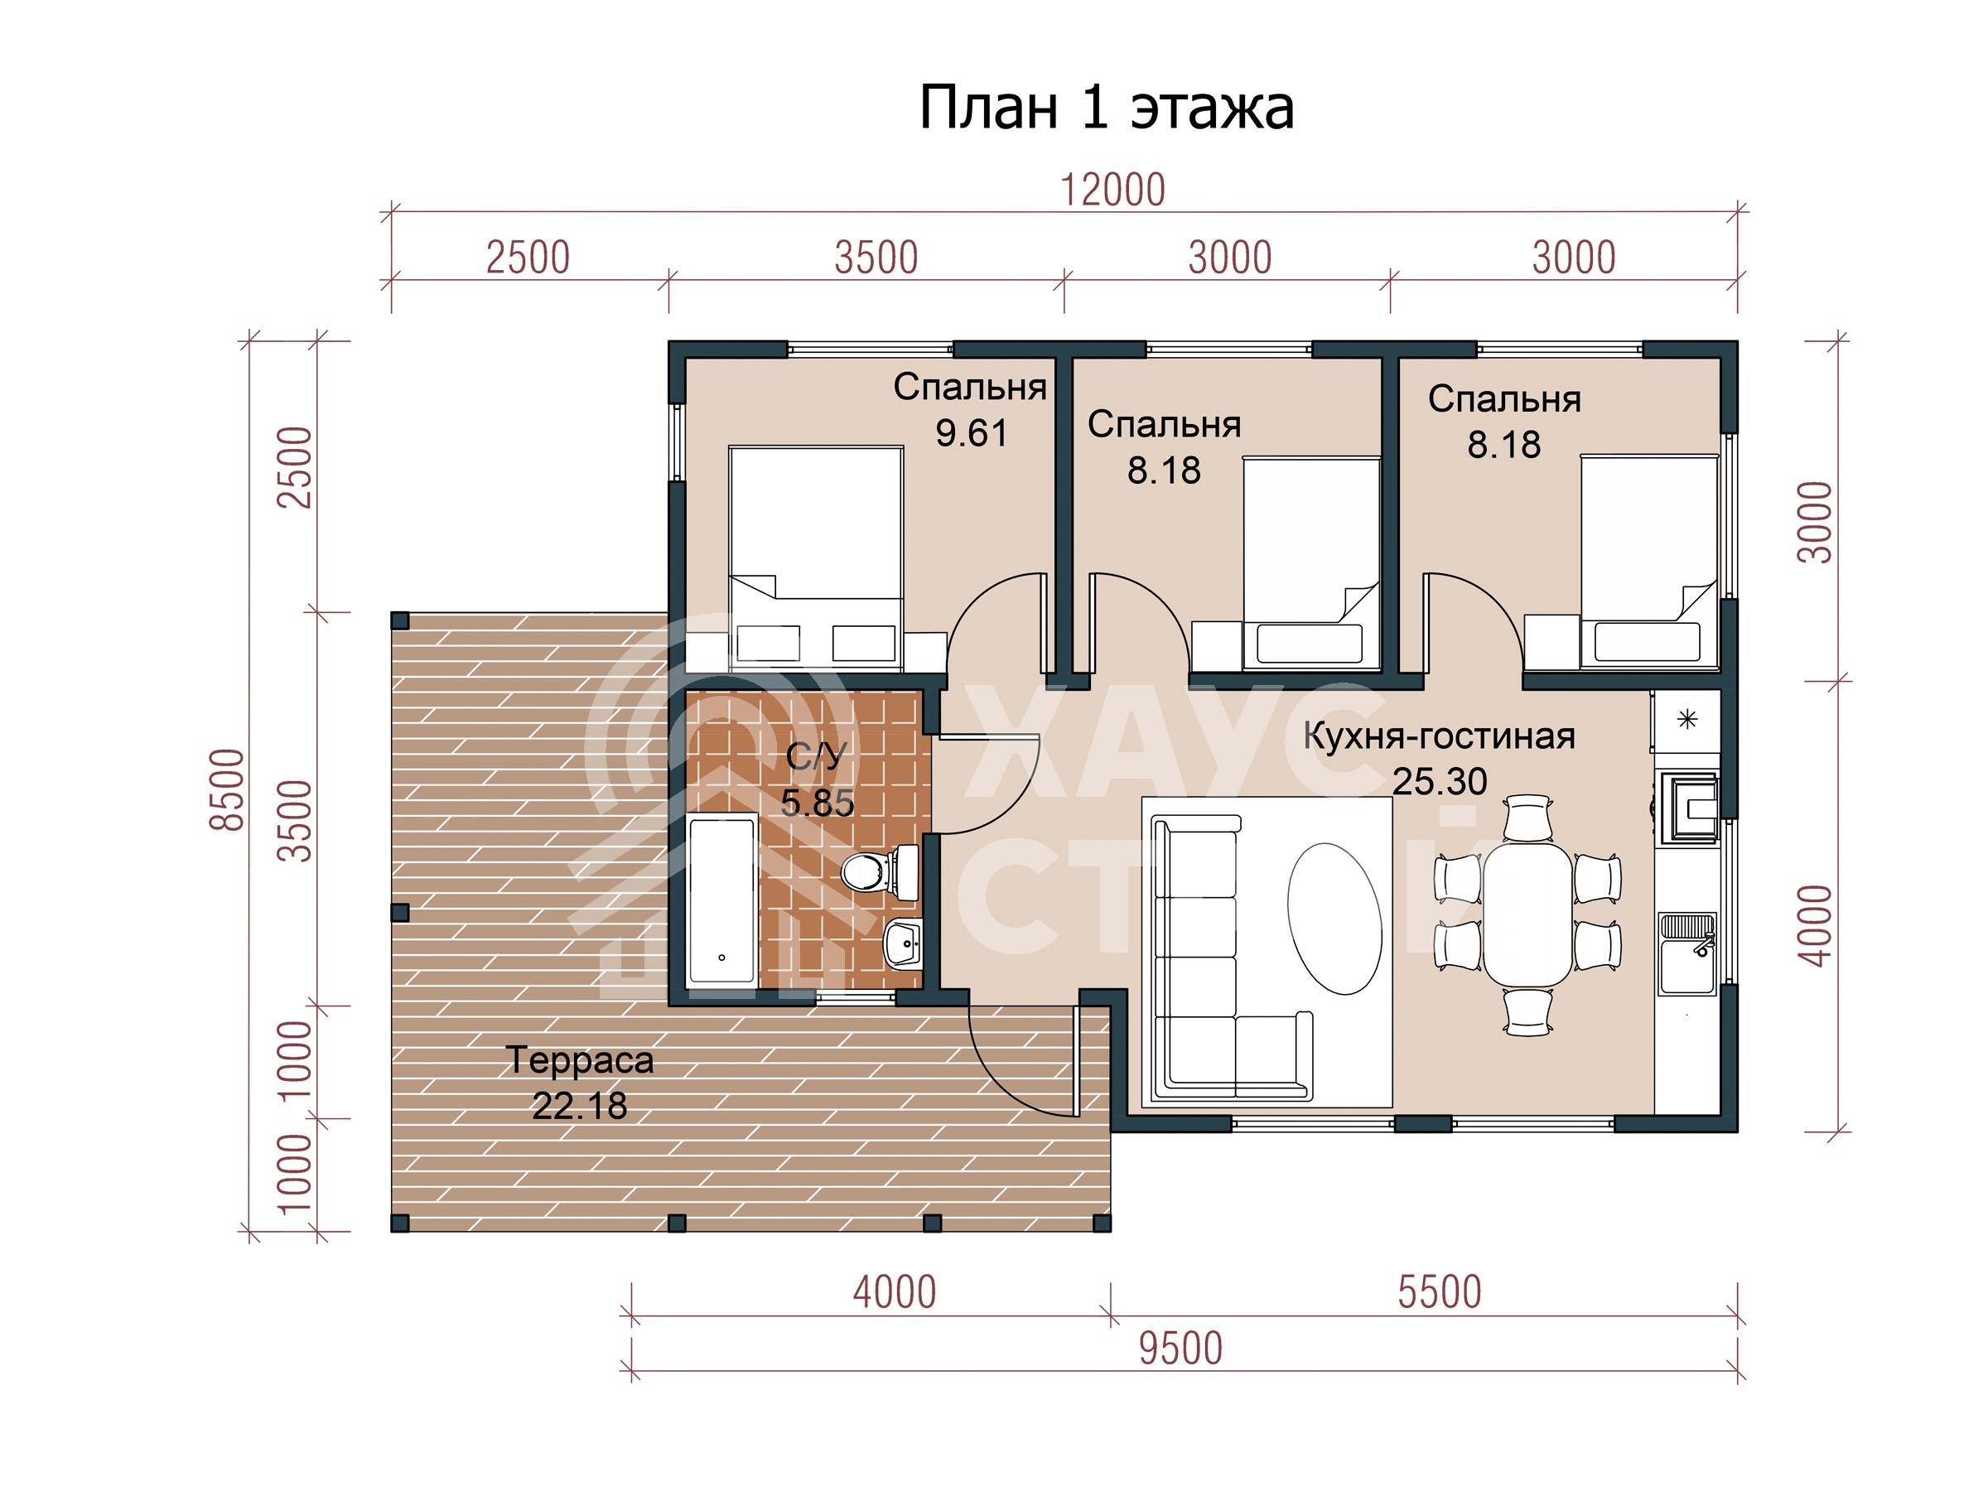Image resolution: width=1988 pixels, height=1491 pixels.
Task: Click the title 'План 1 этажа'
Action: pyautogui.click(x=1107, y=108)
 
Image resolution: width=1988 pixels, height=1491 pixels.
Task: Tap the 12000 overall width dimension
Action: pyautogui.click(x=1112, y=190)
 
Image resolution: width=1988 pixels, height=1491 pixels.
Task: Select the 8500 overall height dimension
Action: pyautogui.click(x=228, y=789)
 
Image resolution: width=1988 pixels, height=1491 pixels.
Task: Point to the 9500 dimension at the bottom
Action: pyautogui.click(x=1181, y=1348)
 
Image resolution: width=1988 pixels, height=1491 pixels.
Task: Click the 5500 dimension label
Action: pyautogui.click(x=1439, y=1292)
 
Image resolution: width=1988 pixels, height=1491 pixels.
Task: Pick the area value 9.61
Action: pyautogui.click(x=972, y=433)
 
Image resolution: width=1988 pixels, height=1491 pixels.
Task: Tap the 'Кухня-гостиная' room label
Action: pyautogui.click(x=1439, y=736)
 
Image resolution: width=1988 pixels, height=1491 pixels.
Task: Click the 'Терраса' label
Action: pyautogui.click(x=580, y=1060)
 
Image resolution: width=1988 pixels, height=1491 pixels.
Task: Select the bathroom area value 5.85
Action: pyautogui.click(x=817, y=803)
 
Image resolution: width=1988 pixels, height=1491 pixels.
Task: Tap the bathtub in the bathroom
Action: pyautogui.click(x=721, y=900)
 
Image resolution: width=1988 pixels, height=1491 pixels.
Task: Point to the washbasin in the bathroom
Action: pyautogui.click(x=903, y=943)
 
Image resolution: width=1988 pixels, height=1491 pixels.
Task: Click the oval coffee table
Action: pyautogui.click(x=1334, y=918)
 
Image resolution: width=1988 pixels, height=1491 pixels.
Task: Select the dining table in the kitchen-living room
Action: pyautogui.click(x=1527, y=913)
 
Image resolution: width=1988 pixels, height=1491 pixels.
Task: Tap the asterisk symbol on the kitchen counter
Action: pyautogui.click(x=1688, y=719)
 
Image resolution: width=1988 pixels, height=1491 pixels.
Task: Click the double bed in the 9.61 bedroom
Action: pyautogui.click(x=816, y=557)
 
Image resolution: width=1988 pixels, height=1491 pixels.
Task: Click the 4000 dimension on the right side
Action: pyautogui.click(x=1815, y=926)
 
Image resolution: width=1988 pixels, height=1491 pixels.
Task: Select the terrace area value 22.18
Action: pyautogui.click(x=580, y=1107)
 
